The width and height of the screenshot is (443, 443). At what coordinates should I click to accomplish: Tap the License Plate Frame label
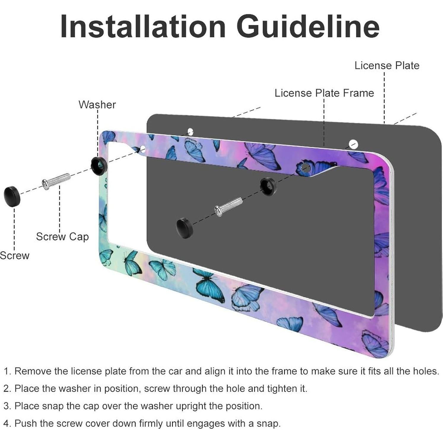[x=324, y=93]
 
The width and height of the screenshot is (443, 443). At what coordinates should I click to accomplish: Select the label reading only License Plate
[x=387, y=66]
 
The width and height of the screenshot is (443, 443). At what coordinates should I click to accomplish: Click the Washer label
[x=97, y=104]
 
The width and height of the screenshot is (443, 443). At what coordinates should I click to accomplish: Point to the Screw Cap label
[x=62, y=236]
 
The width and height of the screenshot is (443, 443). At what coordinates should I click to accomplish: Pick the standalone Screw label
[x=15, y=255]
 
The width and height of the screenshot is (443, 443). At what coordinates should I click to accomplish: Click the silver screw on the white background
[x=56, y=181]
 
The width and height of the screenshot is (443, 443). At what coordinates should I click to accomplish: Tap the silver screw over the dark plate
[x=228, y=207]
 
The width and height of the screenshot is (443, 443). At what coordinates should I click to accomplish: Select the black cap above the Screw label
[x=12, y=196]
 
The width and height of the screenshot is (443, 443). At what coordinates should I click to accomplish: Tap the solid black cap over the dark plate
[x=184, y=228]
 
